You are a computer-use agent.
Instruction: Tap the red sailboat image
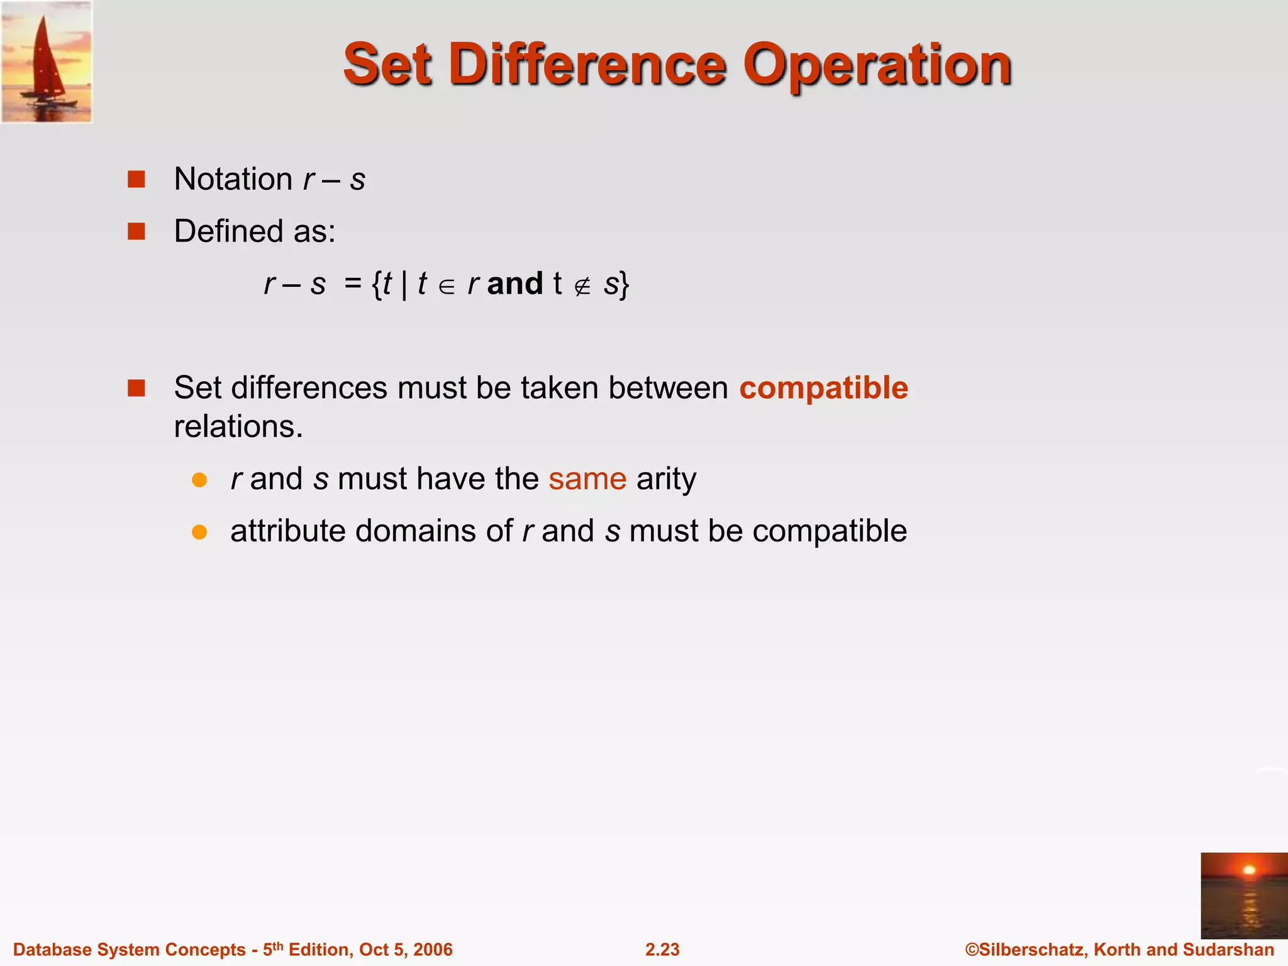tap(47, 62)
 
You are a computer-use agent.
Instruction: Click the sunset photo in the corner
tap(1243, 895)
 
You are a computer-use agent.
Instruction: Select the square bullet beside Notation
tap(136, 180)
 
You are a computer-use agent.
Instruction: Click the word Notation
tap(233, 180)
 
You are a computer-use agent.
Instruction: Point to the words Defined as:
tap(255, 231)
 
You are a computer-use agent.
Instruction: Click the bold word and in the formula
tap(514, 284)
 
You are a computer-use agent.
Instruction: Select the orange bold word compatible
tap(823, 388)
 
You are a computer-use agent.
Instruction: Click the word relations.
tap(238, 427)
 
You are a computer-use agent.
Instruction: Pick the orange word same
tap(587, 479)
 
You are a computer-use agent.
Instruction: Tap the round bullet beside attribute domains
tap(199, 532)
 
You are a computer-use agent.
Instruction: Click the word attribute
tap(287, 531)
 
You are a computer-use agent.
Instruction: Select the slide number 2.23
tap(662, 950)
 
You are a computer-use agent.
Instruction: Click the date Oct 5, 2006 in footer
tap(406, 950)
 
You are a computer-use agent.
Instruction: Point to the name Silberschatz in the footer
tap(1033, 950)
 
